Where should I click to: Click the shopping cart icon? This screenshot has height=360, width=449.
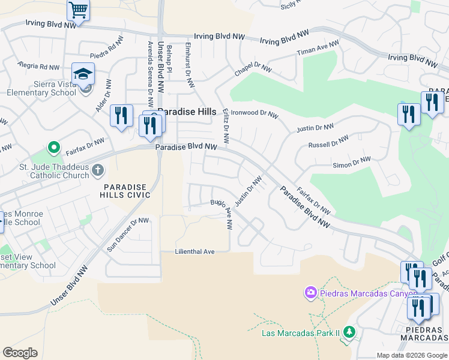click(78, 10)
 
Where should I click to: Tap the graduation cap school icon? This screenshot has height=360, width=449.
click(83, 74)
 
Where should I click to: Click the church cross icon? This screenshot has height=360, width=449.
click(98, 172)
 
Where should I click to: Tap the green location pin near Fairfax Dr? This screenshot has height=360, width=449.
click(53, 147)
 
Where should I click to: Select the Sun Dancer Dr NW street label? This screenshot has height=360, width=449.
click(127, 234)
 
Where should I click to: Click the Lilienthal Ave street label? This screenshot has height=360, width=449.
click(194, 251)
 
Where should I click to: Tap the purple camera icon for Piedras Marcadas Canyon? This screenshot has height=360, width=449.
click(310, 293)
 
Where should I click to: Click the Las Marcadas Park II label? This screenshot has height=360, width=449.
click(301, 332)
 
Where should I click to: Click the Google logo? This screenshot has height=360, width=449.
click(20, 352)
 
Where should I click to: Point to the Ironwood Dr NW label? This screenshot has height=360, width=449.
click(255, 113)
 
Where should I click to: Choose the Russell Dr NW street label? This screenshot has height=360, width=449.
click(328, 142)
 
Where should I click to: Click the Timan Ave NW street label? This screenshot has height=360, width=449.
click(318, 49)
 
